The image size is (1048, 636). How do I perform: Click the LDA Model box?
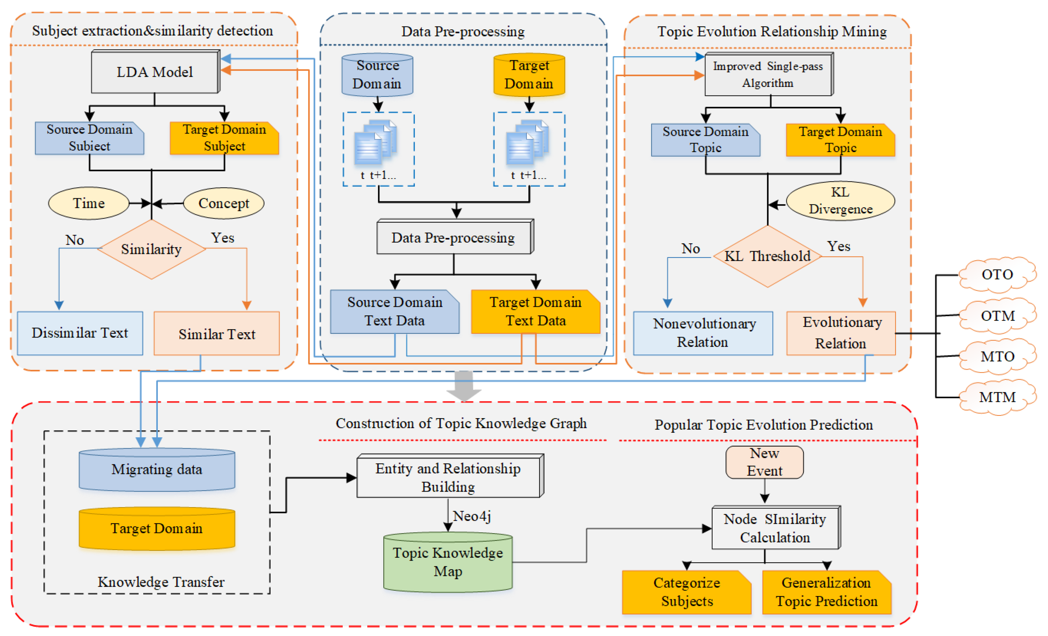(x=155, y=72)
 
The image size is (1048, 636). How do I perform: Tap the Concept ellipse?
(x=224, y=203)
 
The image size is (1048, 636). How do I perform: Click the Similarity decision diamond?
(x=152, y=249)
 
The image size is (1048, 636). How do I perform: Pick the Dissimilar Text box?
(x=80, y=333)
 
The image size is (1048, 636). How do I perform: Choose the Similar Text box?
(x=216, y=334)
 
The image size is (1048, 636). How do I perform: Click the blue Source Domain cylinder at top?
(x=377, y=75)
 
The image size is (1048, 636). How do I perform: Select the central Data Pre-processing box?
(x=454, y=237)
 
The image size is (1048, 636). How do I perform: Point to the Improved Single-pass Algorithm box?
(x=768, y=74)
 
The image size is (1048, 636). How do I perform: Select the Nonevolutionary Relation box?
(x=703, y=333)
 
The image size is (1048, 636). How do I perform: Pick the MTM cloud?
(x=997, y=397)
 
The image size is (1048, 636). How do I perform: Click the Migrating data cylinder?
(x=156, y=469)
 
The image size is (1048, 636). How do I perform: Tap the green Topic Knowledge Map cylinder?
(x=448, y=562)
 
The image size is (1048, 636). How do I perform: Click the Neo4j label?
(x=472, y=516)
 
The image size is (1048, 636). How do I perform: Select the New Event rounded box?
(x=764, y=462)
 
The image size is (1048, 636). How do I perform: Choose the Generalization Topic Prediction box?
(x=826, y=592)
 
